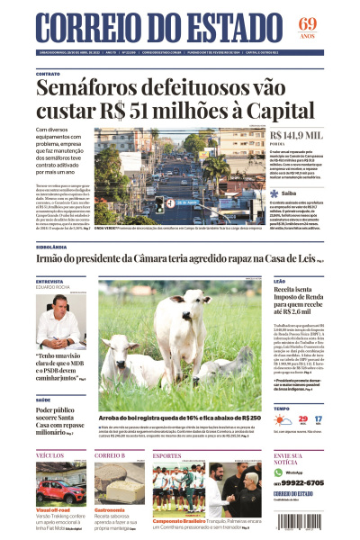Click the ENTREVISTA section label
pos(49,282)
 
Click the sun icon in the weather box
pos(281,420)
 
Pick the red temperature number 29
pos(302,419)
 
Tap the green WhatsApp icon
pos(279,472)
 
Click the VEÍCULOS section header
pos(50,456)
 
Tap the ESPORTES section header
pos(167,456)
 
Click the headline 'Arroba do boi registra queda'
pos(180,418)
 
